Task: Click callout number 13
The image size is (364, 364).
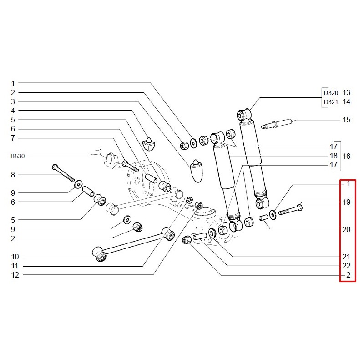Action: (347, 92)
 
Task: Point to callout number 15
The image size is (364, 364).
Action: (347, 120)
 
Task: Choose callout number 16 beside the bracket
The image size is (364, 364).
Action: (347, 156)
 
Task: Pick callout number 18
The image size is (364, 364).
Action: (334, 156)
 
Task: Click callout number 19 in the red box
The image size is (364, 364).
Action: (347, 202)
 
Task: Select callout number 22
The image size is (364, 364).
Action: (347, 266)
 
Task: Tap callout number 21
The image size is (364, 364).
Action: (347, 257)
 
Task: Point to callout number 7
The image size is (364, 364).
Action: (13, 138)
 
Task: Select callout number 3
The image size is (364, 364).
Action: (13, 101)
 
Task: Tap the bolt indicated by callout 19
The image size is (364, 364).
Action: (290, 210)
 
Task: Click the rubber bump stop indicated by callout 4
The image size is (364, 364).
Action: (148, 143)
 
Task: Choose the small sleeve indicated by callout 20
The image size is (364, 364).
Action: (264, 218)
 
